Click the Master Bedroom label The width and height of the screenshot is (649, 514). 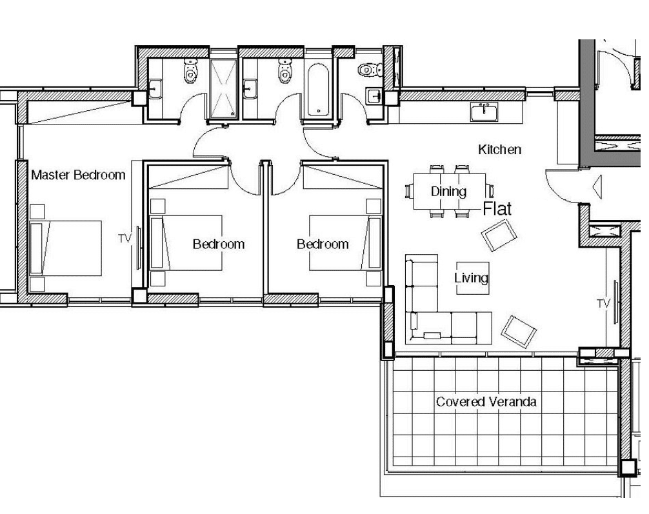click(78, 175)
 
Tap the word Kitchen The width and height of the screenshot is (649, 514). click(499, 150)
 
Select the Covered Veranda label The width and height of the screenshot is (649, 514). click(486, 401)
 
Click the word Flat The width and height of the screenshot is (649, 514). click(497, 208)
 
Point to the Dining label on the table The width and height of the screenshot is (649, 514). click(448, 192)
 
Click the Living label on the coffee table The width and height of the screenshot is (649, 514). click(472, 278)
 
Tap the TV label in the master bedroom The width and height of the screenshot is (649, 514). click(125, 239)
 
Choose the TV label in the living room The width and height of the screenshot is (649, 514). click(604, 304)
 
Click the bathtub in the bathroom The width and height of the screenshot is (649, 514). click(318, 90)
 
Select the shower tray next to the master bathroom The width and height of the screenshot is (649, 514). click(223, 88)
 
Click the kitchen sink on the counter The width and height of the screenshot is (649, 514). click(484, 112)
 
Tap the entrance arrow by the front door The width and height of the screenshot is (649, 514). click(597, 187)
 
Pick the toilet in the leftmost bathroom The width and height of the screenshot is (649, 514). click(190, 70)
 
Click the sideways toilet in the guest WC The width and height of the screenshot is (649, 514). click(370, 70)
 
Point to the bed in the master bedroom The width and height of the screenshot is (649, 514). click(66, 248)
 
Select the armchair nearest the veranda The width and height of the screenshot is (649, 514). click(519, 331)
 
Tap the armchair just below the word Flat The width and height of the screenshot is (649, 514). click(499, 235)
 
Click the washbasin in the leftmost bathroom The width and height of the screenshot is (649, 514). click(155, 89)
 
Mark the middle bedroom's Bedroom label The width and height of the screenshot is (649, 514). click(219, 244)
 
